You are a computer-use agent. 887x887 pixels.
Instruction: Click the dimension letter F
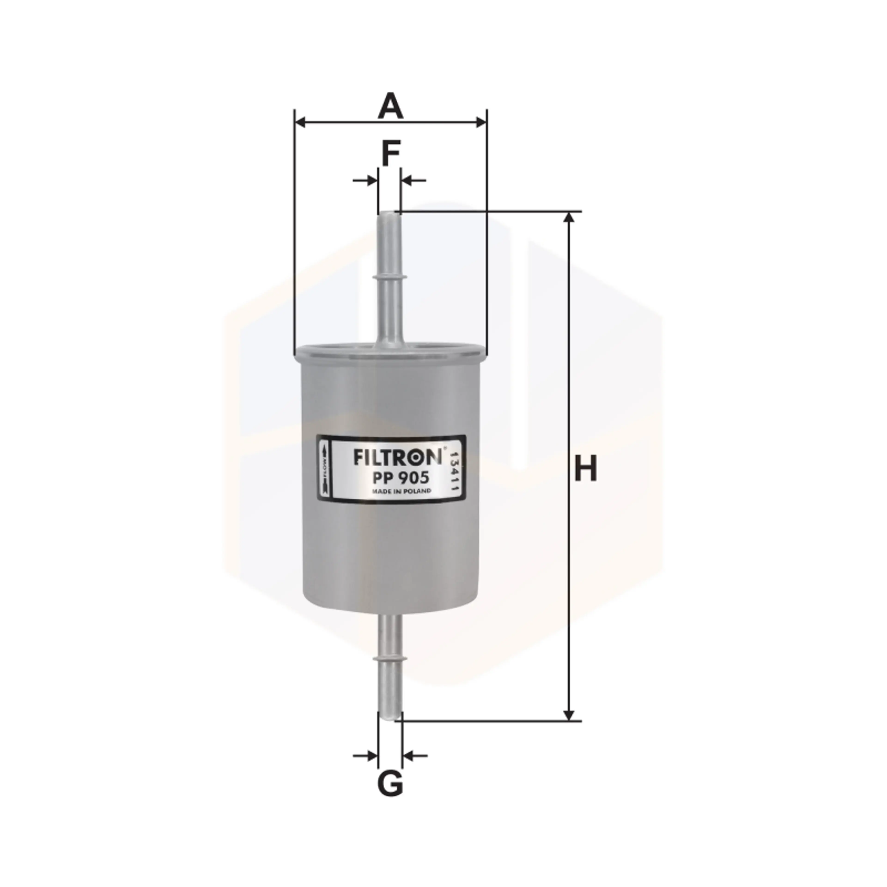[x=390, y=154]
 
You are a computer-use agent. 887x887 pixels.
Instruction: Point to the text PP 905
[x=400, y=478]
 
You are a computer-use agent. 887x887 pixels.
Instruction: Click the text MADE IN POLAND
[x=401, y=491]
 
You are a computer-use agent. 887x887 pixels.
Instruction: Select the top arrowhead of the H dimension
[x=569, y=218]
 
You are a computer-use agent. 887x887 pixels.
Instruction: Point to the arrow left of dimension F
[x=365, y=180]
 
